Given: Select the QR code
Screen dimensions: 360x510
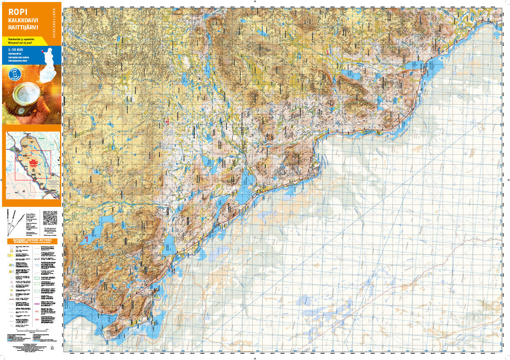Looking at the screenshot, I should tap(50, 216).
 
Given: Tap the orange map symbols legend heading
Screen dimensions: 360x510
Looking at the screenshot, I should tap(32, 240).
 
